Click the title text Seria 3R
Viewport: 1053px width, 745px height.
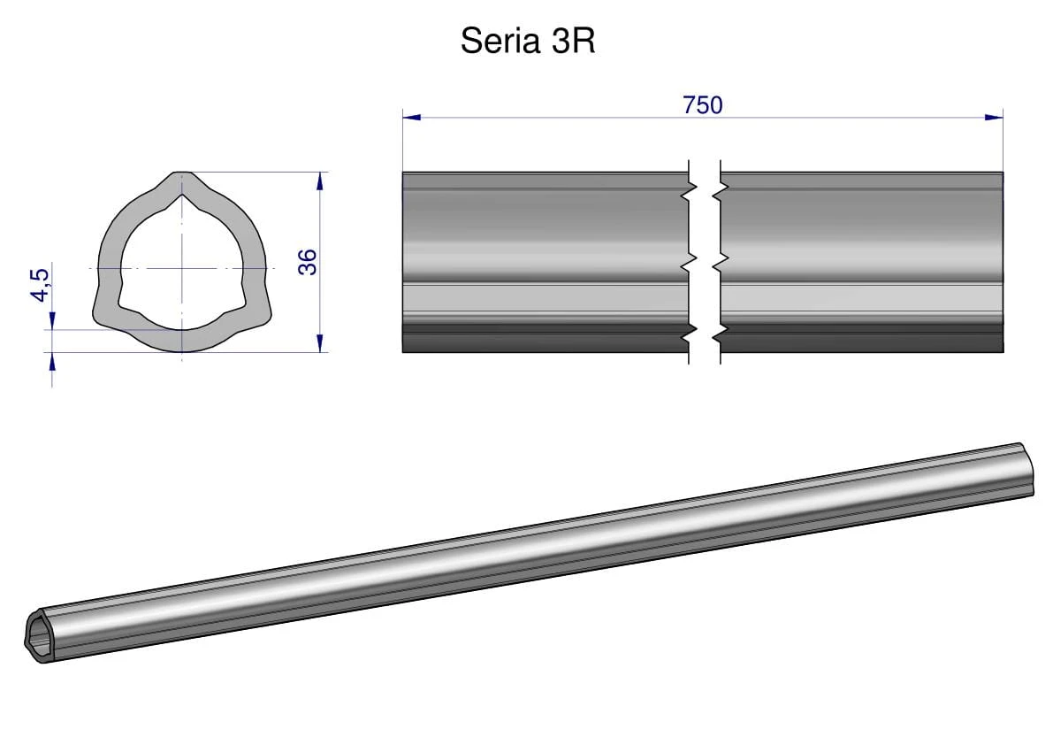[528, 42]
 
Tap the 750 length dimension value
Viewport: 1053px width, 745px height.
[703, 105]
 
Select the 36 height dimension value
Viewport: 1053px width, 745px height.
[307, 262]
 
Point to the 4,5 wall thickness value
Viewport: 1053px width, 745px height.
[41, 283]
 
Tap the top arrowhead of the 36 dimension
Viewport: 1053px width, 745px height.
[319, 180]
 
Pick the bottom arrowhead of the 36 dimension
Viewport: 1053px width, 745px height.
[319, 343]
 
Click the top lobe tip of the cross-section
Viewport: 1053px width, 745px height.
[182, 177]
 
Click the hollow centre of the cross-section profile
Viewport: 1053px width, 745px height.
[182, 265]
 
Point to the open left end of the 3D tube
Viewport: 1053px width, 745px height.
[37, 634]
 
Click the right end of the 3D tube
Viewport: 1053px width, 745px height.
[1026, 466]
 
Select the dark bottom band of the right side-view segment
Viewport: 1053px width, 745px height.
[862, 341]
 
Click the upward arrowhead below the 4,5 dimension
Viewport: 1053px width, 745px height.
[52, 360]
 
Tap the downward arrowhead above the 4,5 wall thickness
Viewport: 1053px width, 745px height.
[52, 321]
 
